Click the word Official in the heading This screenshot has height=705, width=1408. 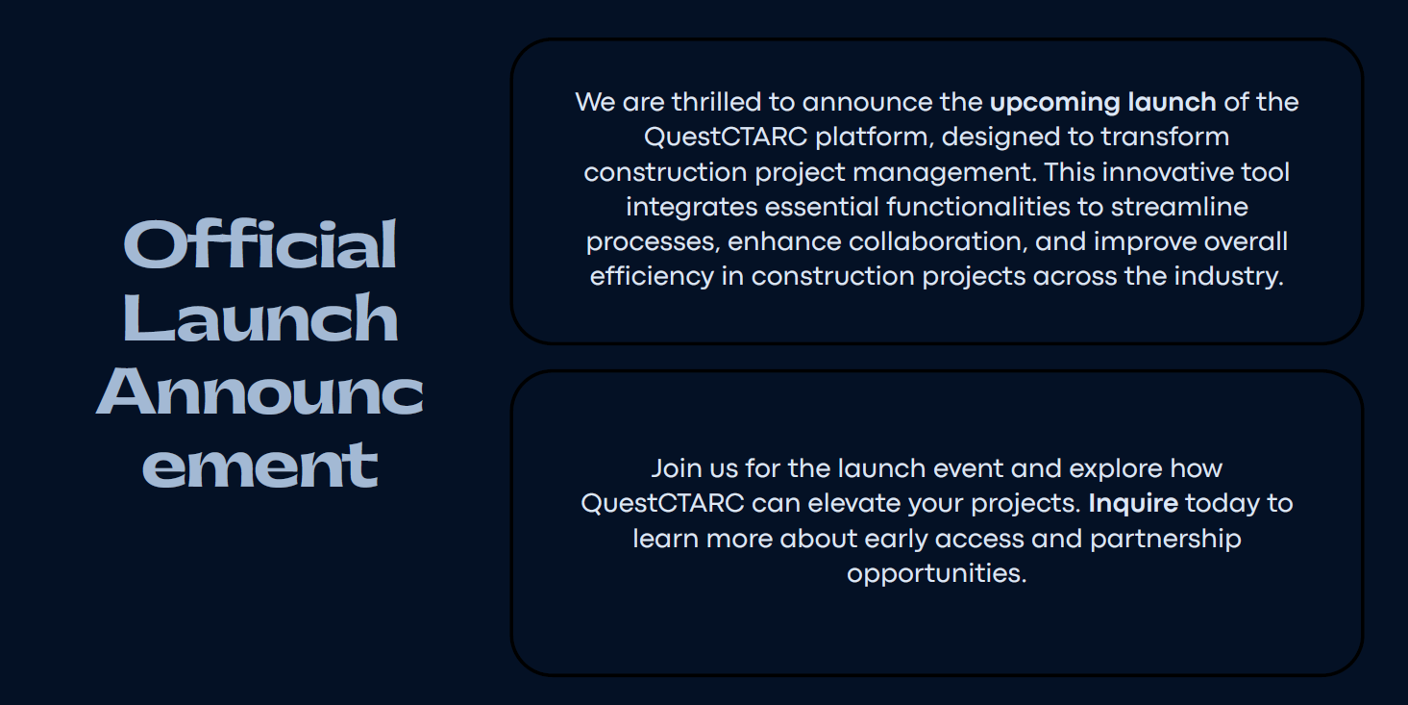coord(259,244)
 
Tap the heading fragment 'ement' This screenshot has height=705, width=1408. coord(259,466)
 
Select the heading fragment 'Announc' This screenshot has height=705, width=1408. coord(259,391)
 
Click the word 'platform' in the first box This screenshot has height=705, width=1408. coord(871,138)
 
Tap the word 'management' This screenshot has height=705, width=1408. coord(942,173)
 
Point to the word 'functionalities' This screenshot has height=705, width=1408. coord(978,207)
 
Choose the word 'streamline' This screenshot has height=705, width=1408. coord(1179,207)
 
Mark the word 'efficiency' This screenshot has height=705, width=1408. coord(652,277)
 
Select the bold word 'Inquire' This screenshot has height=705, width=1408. coord(1133,504)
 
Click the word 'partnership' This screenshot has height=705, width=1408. coord(1166,540)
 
